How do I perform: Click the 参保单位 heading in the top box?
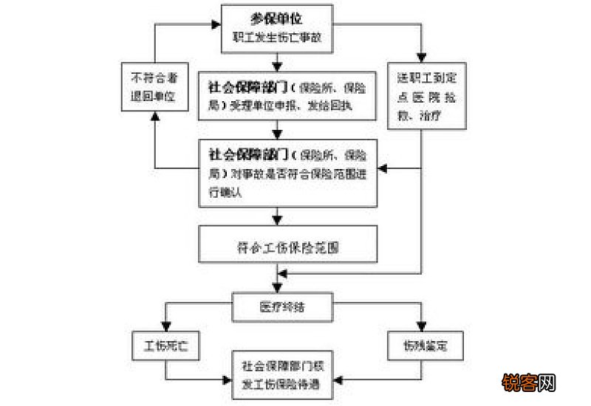tap(277, 16)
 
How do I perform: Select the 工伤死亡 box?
tap(166, 345)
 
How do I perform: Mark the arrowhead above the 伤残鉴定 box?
tap(422, 328)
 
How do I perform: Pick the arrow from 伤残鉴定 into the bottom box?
tap(340, 380)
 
